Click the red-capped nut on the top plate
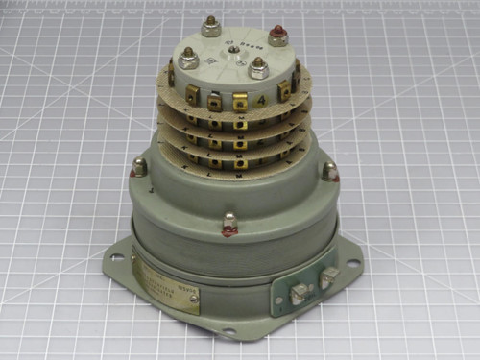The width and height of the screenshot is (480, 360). click(277, 37)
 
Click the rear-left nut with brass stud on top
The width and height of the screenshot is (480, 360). click(211, 27)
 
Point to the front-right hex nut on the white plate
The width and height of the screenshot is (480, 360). click(258, 68)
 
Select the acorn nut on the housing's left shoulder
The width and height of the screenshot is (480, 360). click(138, 169)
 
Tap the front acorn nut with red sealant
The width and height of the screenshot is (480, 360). click(229, 226)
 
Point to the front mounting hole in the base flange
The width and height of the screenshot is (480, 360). click(228, 332)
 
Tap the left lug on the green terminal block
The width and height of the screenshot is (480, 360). click(299, 292)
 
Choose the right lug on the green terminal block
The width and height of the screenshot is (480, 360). click(327, 278)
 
